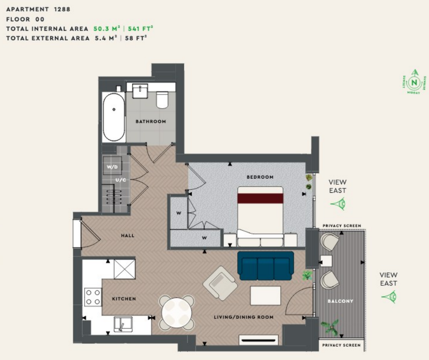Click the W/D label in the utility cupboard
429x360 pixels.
(x=112, y=167)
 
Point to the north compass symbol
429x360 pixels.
(x=414, y=83)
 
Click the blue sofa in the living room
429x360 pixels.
(x=266, y=266)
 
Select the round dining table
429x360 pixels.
(x=176, y=312)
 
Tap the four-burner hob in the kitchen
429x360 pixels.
(x=93, y=297)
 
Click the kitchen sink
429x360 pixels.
(x=123, y=325)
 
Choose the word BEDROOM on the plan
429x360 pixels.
(x=260, y=177)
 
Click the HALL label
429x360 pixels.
(x=127, y=235)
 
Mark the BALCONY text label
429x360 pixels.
(x=340, y=301)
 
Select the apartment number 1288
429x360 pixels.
(x=61, y=9)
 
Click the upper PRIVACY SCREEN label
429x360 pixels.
(x=342, y=226)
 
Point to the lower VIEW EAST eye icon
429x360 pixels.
(x=389, y=297)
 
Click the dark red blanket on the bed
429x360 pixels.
(x=260, y=197)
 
